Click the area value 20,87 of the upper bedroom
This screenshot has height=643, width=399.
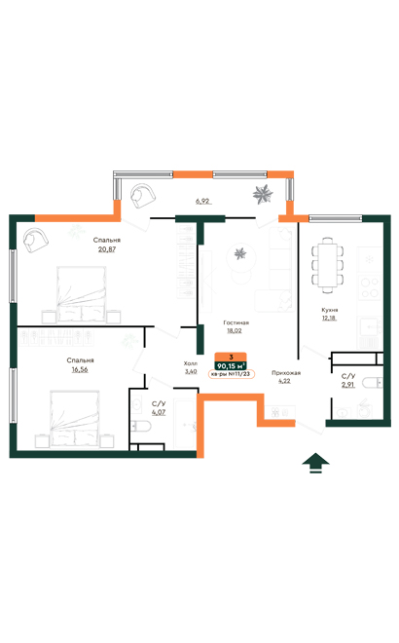click(107, 248)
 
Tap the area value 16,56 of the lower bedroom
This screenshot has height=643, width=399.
click(81, 370)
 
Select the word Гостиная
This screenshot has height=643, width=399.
click(236, 321)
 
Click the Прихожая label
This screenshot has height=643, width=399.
click(286, 372)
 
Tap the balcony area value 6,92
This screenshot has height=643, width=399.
click(202, 201)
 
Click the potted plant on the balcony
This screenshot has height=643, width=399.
click(261, 192)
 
